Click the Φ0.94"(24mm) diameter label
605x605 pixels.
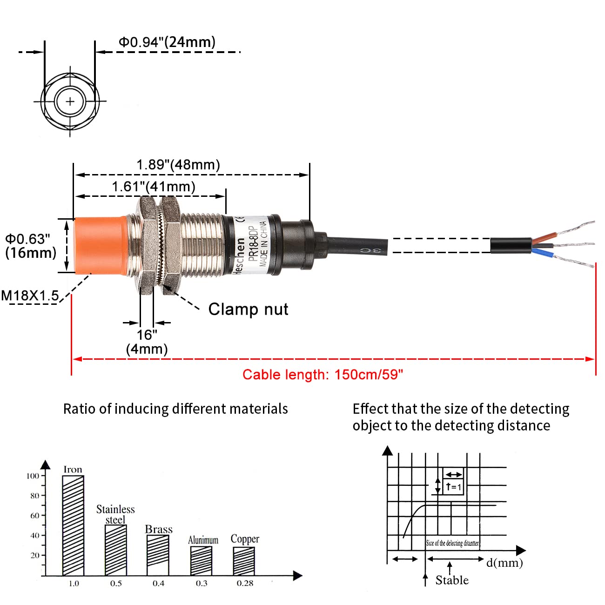pyautogui.click(x=167, y=42)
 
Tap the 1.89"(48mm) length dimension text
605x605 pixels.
pyautogui.click(x=178, y=165)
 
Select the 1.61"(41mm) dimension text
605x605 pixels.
pyautogui.click(x=154, y=187)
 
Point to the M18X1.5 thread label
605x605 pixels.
pyautogui.click(x=30, y=296)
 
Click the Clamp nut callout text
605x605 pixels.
pyautogui.click(x=248, y=309)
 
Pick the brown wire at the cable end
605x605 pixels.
pyautogui.click(x=542, y=239)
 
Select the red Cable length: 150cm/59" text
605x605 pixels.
pyautogui.click(x=323, y=375)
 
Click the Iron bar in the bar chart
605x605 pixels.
pyautogui.click(x=73, y=525)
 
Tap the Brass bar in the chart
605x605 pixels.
pyautogui.click(x=158, y=555)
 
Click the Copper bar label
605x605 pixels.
pyautogui.click(x=245, y=539)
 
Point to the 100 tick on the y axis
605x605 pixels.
pyautogui.click(x=33, y=476)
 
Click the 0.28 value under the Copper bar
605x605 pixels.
pyautogui.click(x=245, y=583)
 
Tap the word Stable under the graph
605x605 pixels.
pyautogui.click(x=452, y=580)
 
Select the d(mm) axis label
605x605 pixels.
pyautogui.click(x=504, y=563)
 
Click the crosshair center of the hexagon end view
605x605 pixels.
pyautogui.click(x=70, y=101)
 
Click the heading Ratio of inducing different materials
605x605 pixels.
pyautogui.click(x=175, y=409)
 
